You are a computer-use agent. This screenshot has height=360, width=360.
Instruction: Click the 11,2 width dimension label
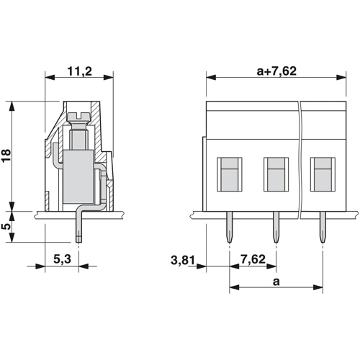(x=79, y=71)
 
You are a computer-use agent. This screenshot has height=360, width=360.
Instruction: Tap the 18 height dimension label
(x=6, y=156)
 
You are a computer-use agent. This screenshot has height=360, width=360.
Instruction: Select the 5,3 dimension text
(x=62, y=259)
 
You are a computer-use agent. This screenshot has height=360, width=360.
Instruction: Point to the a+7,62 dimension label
(x=276, y=71)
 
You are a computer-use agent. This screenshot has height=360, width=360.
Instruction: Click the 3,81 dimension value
(x=183, y=260)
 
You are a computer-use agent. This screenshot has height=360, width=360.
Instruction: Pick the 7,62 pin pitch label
(x=253, y=259)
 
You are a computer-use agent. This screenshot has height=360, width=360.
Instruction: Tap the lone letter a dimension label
(x=276, y=282)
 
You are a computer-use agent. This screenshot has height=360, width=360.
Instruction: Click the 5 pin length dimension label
(x=6, y=226)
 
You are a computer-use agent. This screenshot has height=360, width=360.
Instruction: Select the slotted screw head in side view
(x=79, y=117)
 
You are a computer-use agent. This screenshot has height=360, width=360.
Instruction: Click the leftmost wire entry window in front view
(x=230, y=174)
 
